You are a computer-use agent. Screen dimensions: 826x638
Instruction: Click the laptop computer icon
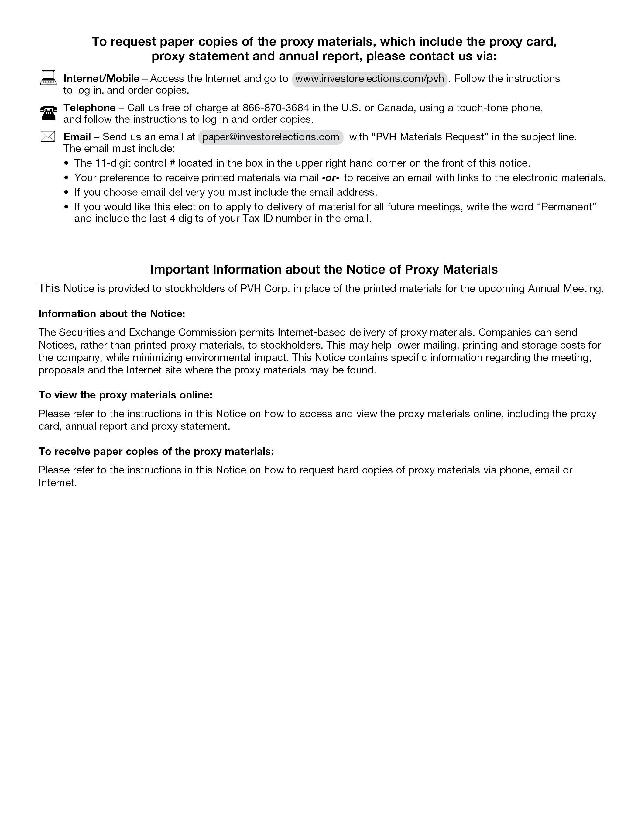tap(48, 78)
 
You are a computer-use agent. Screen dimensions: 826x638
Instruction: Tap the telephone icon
tap(48, 113)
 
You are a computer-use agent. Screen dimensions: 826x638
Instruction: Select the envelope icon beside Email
tap(48, 136)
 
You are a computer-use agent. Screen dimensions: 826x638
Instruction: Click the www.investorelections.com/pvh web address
tap(369, 79)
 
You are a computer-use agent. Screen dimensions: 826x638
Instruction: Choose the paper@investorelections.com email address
tap(270, 137)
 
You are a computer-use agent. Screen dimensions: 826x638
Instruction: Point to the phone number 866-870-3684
tap(275, 108)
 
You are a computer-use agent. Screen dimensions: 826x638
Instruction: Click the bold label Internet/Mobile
tap(101, 79)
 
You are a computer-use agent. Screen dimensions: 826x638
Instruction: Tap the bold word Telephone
tap(89, 108)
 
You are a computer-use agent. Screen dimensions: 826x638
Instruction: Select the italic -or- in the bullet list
tap(330, 178)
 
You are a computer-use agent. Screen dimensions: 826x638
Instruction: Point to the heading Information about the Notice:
tap(111, 314)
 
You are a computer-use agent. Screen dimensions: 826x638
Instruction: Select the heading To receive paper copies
tap(156, 452)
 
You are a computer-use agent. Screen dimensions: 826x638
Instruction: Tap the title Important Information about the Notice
tap(324, 269)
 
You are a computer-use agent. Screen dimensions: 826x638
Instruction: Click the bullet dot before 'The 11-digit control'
tap(67, 163)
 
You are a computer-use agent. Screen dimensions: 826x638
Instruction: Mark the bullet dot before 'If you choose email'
tap(67, 192)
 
